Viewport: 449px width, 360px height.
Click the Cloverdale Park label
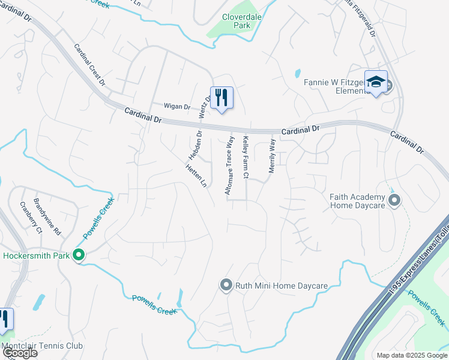pyautogui.click(x=241, y=22)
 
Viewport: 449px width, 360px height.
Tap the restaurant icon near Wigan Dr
pyautogui.click(x=221, y=97)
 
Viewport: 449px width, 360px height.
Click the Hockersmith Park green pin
pyautogui.click(x=79, y=256)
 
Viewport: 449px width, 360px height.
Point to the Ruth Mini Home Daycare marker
pyautogui.click(x=226, y=284)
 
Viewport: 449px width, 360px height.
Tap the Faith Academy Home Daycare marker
pyautogui.click(x=394, y=200)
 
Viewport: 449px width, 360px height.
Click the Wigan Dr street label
pyautogui.click(x=178, y=107)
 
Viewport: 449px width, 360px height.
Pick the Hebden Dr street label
pyautogui.click(x=194, y=145)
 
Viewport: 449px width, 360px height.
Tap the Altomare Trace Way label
pyautogui.click(x=229, y=164)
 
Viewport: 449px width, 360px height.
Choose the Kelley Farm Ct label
pyautogui.click(x=245, y=158)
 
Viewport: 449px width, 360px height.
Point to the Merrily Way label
pyautogui.click(x=272, y=156)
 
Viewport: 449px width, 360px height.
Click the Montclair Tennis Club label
pyautogui.click(x=41, y=346)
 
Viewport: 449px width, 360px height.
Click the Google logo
pyautogui.click(x=19, y=353)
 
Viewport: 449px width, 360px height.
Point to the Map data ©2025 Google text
pyautogui.click(x=411, y=355)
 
